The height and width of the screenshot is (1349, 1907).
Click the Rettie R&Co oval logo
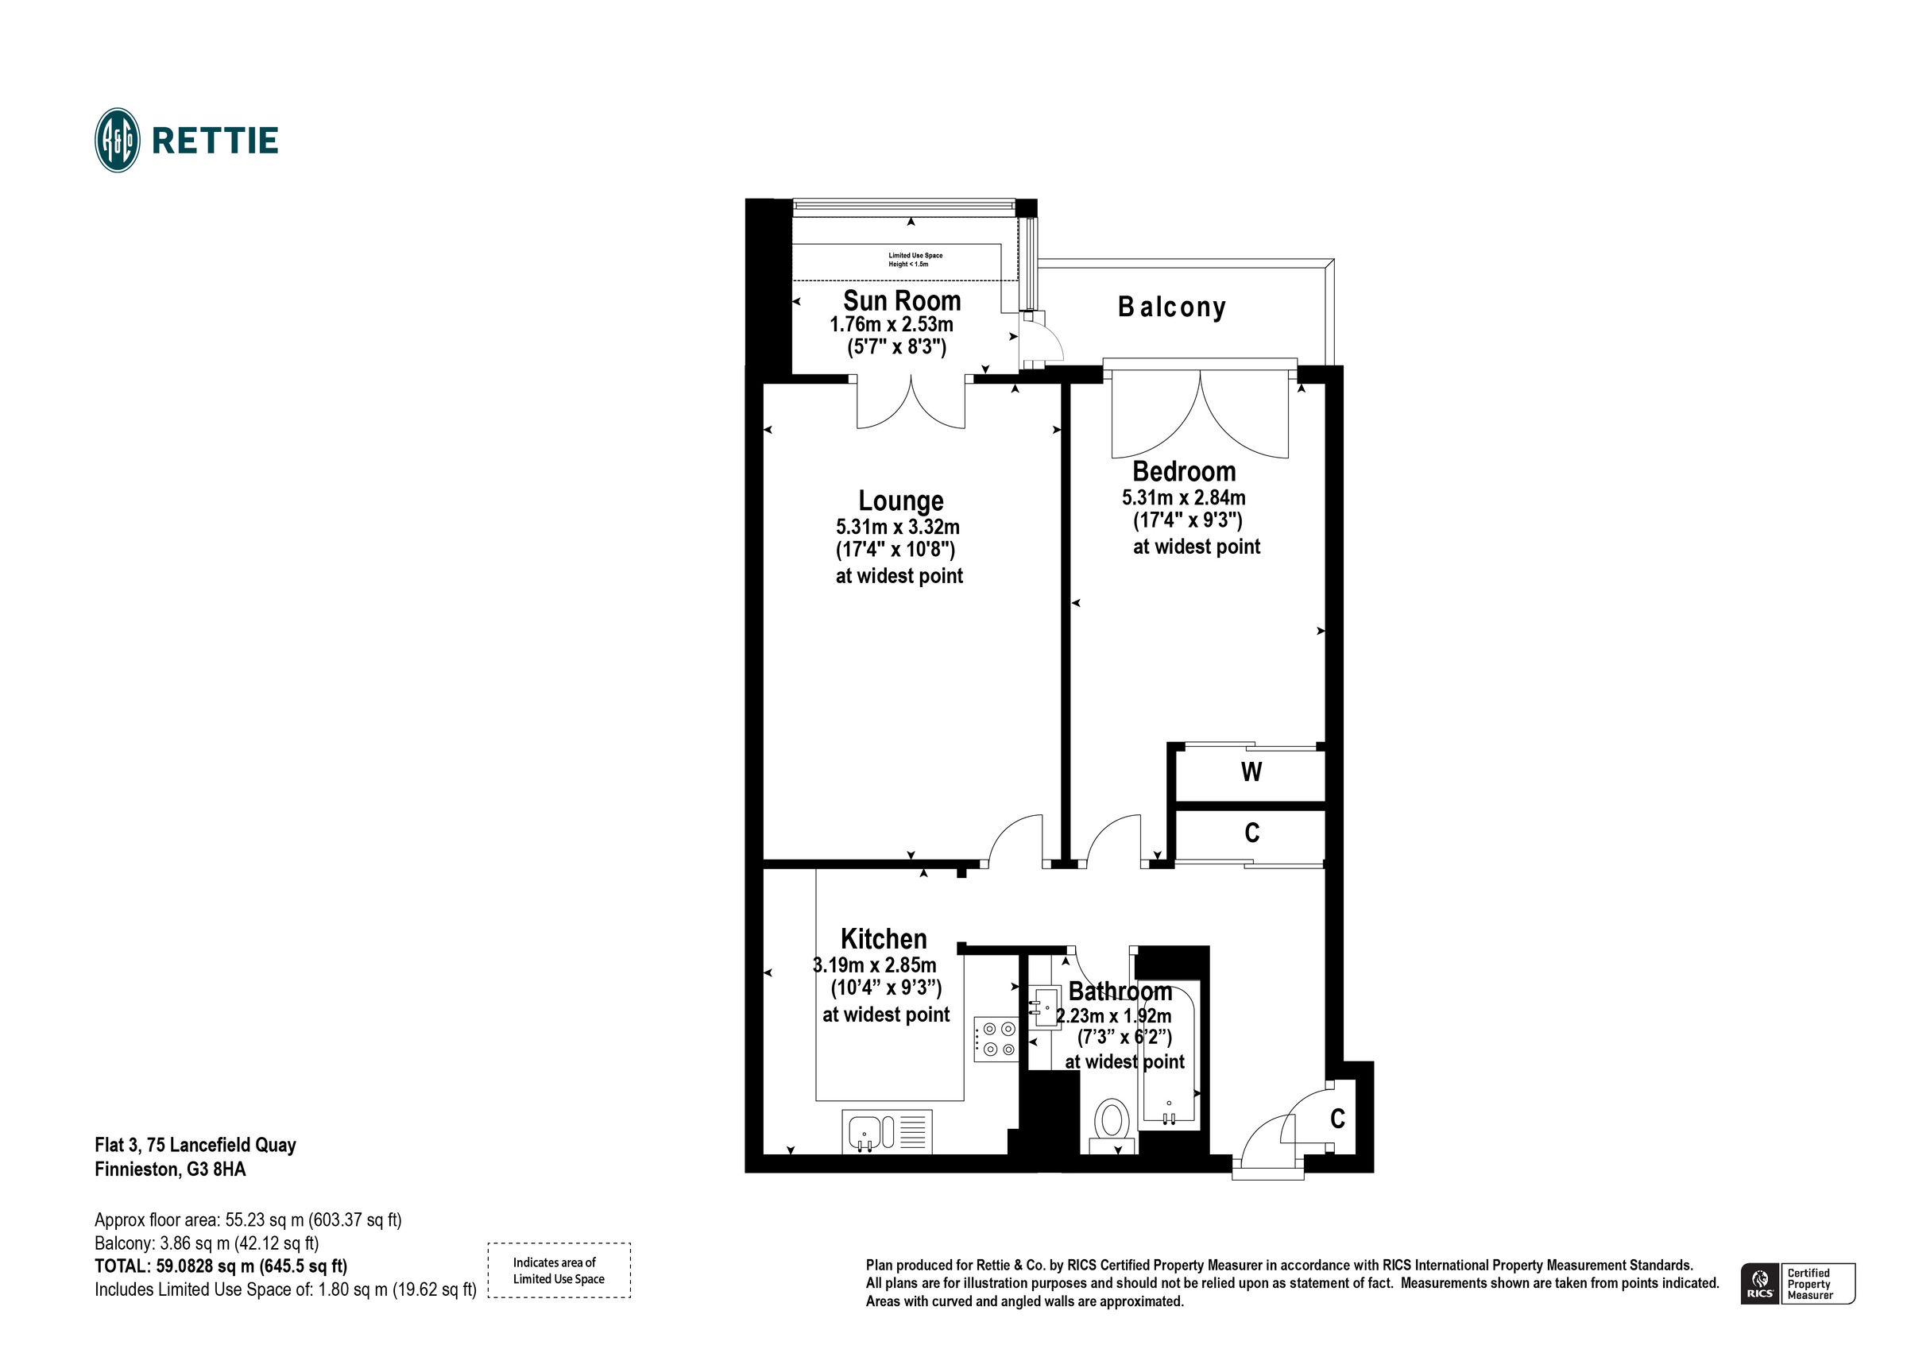(117, 140)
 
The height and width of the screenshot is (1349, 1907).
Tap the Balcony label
(1171, 307)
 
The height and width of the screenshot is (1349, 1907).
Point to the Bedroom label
(1184, 472)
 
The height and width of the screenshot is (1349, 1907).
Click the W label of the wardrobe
(1251, 772)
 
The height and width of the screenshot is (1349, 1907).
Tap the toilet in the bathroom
(1112, 1122)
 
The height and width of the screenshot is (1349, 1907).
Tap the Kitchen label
(883, 940)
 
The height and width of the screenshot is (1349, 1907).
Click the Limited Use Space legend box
(558, 1270)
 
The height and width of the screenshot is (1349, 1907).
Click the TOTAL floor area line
(221, 1266)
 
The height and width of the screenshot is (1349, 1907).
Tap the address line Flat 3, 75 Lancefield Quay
(195, 1146)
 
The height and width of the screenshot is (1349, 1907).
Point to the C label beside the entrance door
(1337, 1119)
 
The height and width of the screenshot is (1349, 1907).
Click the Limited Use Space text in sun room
(915, 260)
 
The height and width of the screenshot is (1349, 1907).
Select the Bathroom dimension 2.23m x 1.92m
(1113, 1016)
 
